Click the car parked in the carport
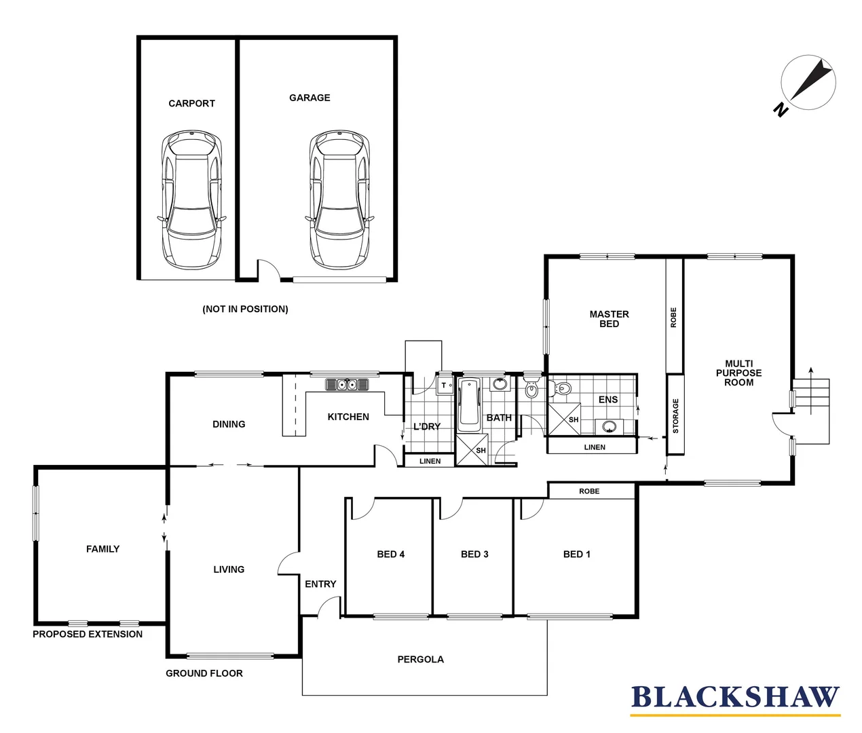191,200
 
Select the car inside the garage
339,200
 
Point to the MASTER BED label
609,319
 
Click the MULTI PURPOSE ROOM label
738,373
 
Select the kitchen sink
347,385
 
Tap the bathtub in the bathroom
468,405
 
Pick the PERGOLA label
420,659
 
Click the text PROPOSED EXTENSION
88,634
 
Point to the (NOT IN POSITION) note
245,309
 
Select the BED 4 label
390,555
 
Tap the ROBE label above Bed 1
589,491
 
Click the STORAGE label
675,415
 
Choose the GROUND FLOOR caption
204,673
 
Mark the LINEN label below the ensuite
595,447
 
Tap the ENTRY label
320,584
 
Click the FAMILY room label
102,549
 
